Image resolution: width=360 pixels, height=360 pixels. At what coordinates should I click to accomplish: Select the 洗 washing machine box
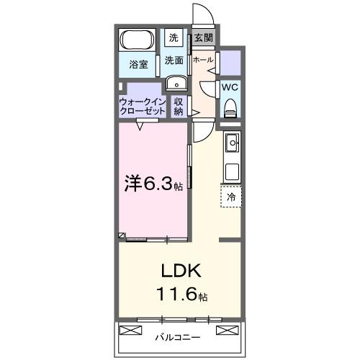[x=174, y=37]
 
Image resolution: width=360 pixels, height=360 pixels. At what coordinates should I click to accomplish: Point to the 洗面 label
[x=174, y=60]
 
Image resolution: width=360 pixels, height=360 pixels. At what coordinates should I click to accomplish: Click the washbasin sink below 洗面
[x=174, y=84]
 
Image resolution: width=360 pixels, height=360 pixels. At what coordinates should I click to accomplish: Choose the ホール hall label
[x=202, y=60]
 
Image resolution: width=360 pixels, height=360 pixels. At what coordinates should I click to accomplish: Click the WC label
[x=230, y=87]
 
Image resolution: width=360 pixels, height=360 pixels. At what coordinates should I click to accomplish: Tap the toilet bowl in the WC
[x=230, y=107]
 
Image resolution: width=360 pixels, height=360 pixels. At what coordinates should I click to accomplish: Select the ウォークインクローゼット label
[x=142, y=107]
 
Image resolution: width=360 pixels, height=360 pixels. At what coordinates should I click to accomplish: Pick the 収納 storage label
[x=179, y=107]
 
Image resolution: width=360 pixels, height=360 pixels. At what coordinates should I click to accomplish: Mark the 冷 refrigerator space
[x=232, y=196]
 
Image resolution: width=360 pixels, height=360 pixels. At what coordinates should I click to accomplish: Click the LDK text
[x=179, y=271]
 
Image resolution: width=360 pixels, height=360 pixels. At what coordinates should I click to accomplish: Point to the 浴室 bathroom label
[x=138, y=64]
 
